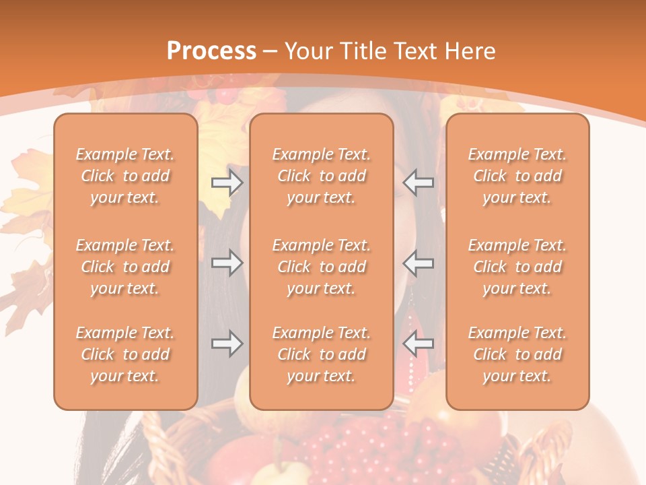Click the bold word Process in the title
tap(211, 51)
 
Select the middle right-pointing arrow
tap(227, 263)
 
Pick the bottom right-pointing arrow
tap(227, 344)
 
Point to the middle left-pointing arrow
tap(419, 263)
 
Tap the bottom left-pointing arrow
tap(419, 344)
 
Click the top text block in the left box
tap(125, 176)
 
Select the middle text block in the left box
tap(125, 267)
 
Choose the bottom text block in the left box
tap(125, 354)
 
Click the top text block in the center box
tap(321, 176)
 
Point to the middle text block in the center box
tap(321, 267)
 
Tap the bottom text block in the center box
tap(321, 354)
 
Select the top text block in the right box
tap(517, 176)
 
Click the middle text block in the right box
tap(517, 267)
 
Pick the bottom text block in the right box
tap(517, 354)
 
